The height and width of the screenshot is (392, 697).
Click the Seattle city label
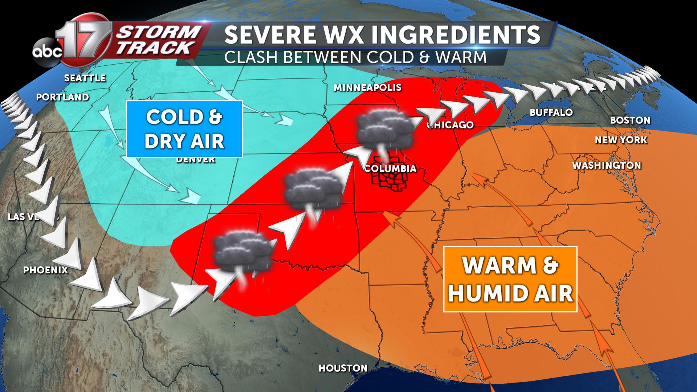point(85,78)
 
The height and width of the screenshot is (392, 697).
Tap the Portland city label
point(63,97)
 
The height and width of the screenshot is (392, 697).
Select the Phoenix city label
point(46,270)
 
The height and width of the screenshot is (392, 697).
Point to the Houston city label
point(343,368)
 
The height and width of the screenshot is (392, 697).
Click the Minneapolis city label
point(367,87)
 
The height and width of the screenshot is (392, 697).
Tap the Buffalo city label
point(551,113)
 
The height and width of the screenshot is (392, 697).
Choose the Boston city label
point(630,120)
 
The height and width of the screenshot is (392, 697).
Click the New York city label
point(621,140)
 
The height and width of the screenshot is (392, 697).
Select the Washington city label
point(607,166)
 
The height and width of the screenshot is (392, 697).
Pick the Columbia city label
point(390,169)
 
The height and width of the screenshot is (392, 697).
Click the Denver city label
point(196,160)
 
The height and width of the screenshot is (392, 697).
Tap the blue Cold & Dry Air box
point(184,129)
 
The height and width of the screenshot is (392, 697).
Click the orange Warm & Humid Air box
point(510,279)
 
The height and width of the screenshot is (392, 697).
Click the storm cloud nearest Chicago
point(385,129)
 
